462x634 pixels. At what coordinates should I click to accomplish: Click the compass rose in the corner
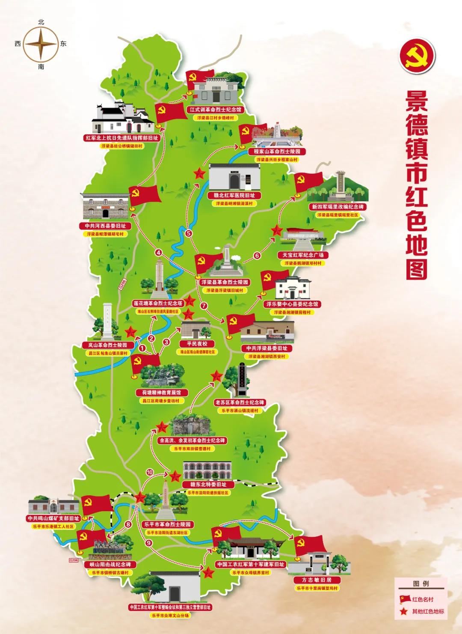point(41,44)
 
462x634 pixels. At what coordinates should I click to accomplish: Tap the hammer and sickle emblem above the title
point(417,58)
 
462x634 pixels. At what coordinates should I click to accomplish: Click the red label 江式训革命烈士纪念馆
point(216,110)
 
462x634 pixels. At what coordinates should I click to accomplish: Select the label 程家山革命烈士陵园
point(277,152)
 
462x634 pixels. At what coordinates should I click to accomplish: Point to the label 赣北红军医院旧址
point(234,196)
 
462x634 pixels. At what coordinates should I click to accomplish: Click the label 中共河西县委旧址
point(105,226)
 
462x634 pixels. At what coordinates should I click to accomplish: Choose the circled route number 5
point(189,233)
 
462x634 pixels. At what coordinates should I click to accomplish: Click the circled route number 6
point(257,256)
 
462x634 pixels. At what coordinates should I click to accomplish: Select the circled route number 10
point(150,472)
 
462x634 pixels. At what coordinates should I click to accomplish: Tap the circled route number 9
point(149,543)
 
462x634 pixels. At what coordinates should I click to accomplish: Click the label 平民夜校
point(197,344)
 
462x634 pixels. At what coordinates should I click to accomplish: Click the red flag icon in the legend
point(404,599)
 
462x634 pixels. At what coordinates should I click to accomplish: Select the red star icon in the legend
point(404,611)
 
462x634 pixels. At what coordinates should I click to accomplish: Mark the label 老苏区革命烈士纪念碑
point(240,403)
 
